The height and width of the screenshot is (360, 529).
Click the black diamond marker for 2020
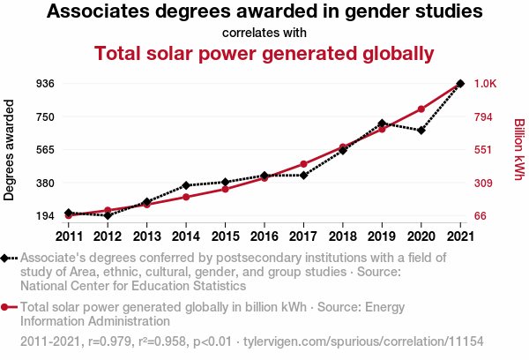(421, 131)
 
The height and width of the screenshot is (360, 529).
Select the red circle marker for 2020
(421, 109)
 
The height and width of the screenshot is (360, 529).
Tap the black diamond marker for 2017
(303, 176)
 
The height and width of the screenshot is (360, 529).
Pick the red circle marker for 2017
(303, 164)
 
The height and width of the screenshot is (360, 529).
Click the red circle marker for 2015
(225, 189)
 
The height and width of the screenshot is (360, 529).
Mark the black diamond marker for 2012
(108, 215)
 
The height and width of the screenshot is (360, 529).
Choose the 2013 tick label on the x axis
(146, 236)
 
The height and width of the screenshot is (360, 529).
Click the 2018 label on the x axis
(343, 236)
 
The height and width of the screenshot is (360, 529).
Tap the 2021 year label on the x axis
(460, 236)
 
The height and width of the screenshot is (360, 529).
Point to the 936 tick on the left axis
(46, 84)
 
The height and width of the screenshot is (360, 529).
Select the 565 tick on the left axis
(46, 150)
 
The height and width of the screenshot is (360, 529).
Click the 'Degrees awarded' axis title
(10, 150)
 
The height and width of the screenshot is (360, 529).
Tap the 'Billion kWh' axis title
(518, 150)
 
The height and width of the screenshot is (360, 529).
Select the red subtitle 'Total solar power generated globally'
(264, 54)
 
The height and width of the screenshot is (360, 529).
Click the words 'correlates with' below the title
(264, 33)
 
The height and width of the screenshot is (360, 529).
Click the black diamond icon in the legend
(6, 258)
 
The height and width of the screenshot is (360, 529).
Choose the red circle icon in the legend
(6, 307)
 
